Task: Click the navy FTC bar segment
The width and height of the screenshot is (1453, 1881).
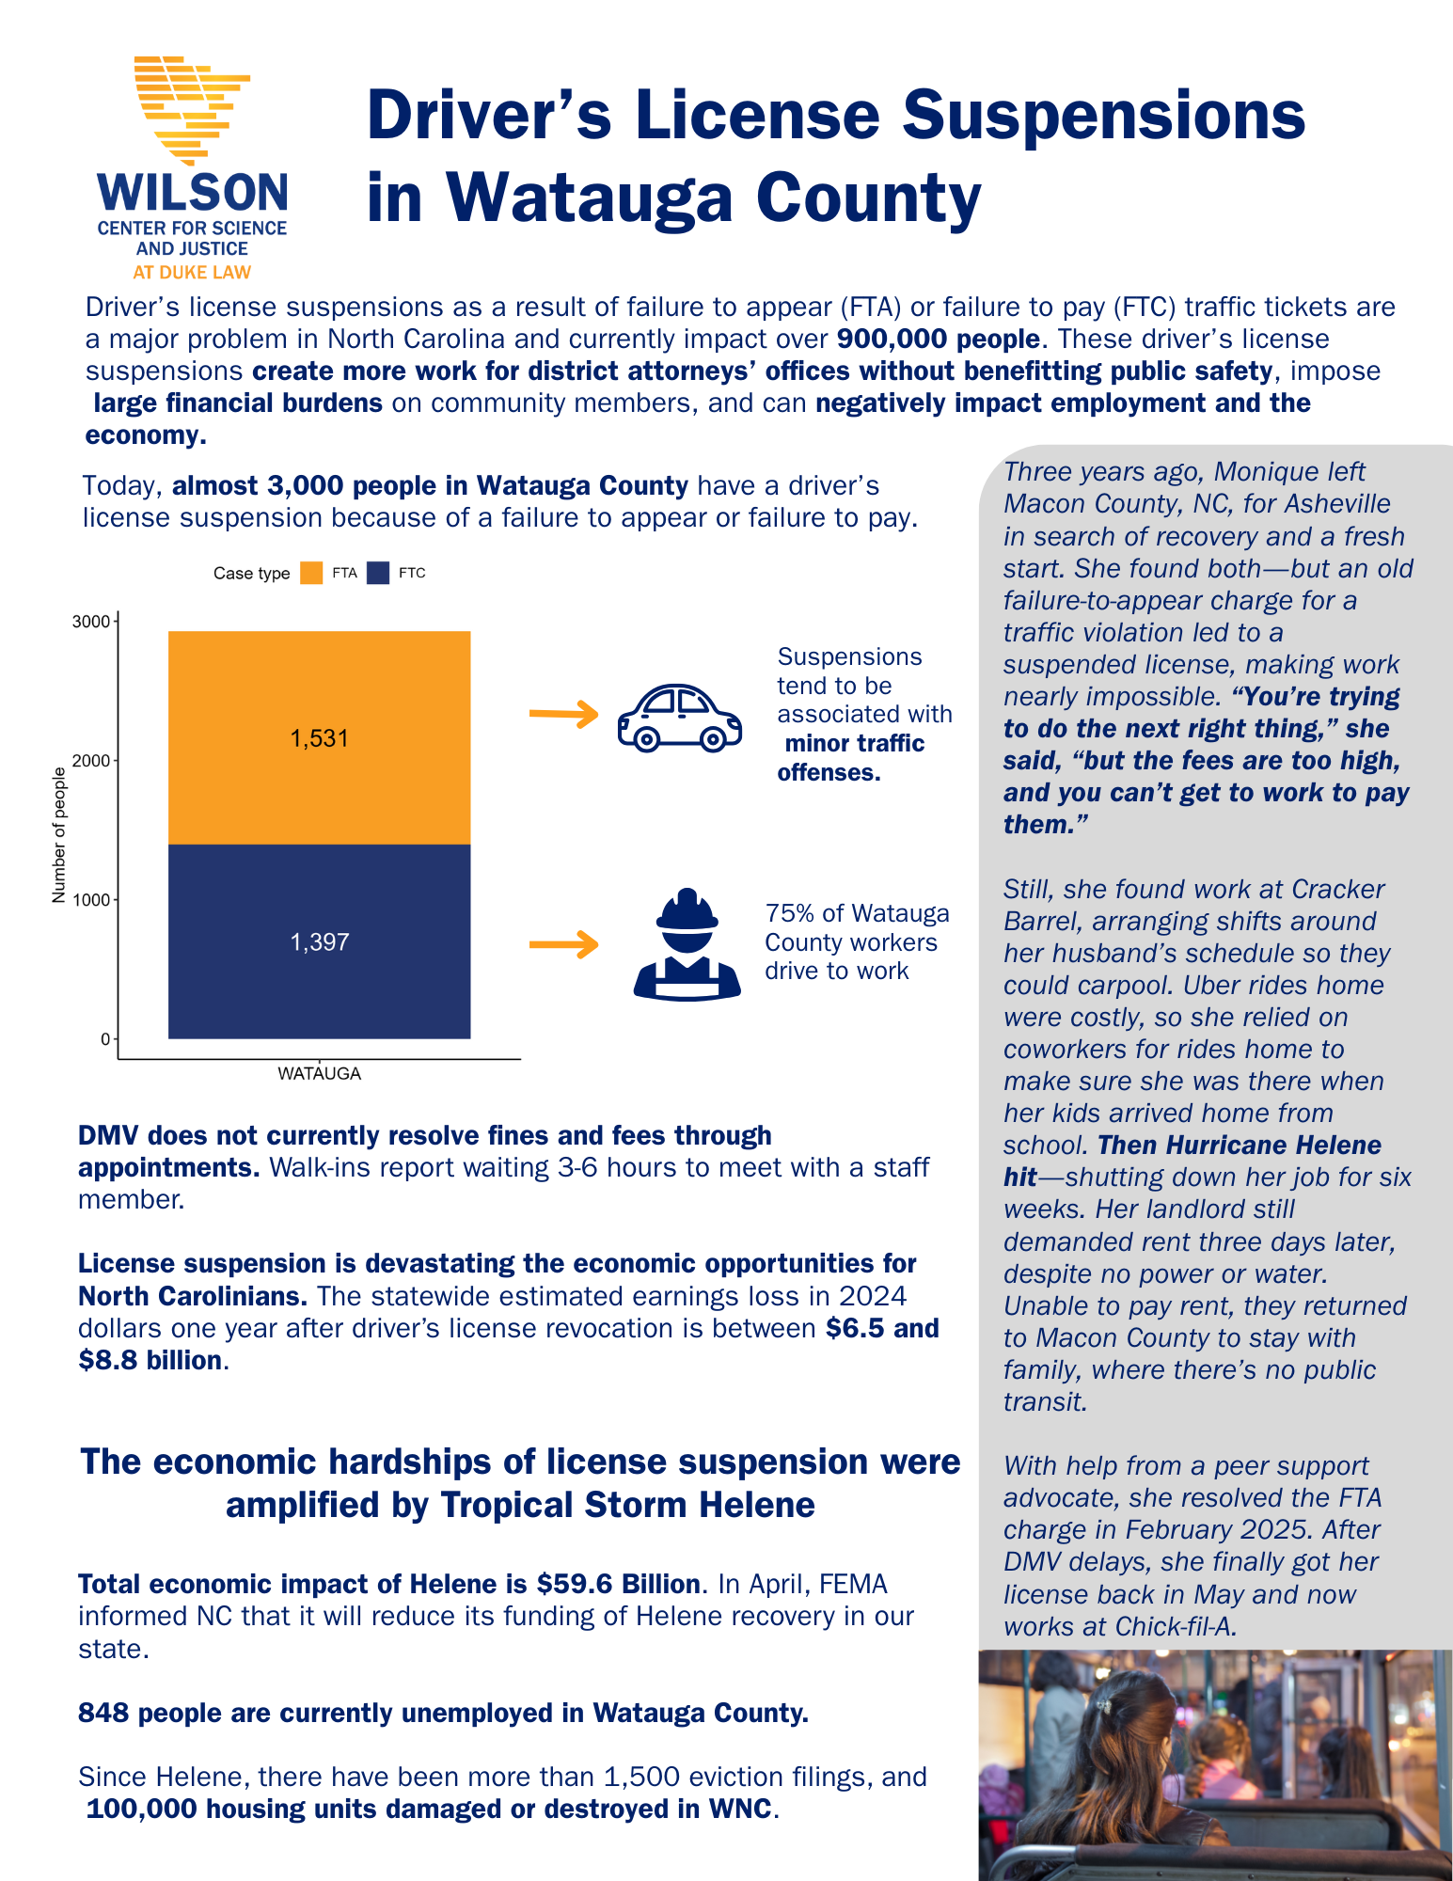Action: (x=319, y=988)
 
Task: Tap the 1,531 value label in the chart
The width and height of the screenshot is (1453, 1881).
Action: (x=319, y=738)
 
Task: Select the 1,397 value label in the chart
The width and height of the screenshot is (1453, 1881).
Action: (x=319, y=941)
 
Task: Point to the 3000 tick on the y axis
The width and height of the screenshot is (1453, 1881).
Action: (x=91, y=622)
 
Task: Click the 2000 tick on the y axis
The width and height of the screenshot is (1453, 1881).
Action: (x=91, y=760)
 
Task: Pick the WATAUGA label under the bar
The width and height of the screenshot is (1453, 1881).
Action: (x=319, y=1073)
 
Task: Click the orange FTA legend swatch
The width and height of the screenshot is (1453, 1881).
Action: (x=311, y=573)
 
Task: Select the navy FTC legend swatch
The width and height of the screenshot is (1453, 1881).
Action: (x=378, y=573)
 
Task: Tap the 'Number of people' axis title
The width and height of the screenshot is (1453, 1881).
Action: (x=59, y=835)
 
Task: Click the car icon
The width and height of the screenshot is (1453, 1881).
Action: (x=679, y=718)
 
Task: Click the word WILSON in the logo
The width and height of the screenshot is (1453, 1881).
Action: (x=193, y=193)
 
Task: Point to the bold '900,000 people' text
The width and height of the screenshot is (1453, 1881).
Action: (x=938, y=339)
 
